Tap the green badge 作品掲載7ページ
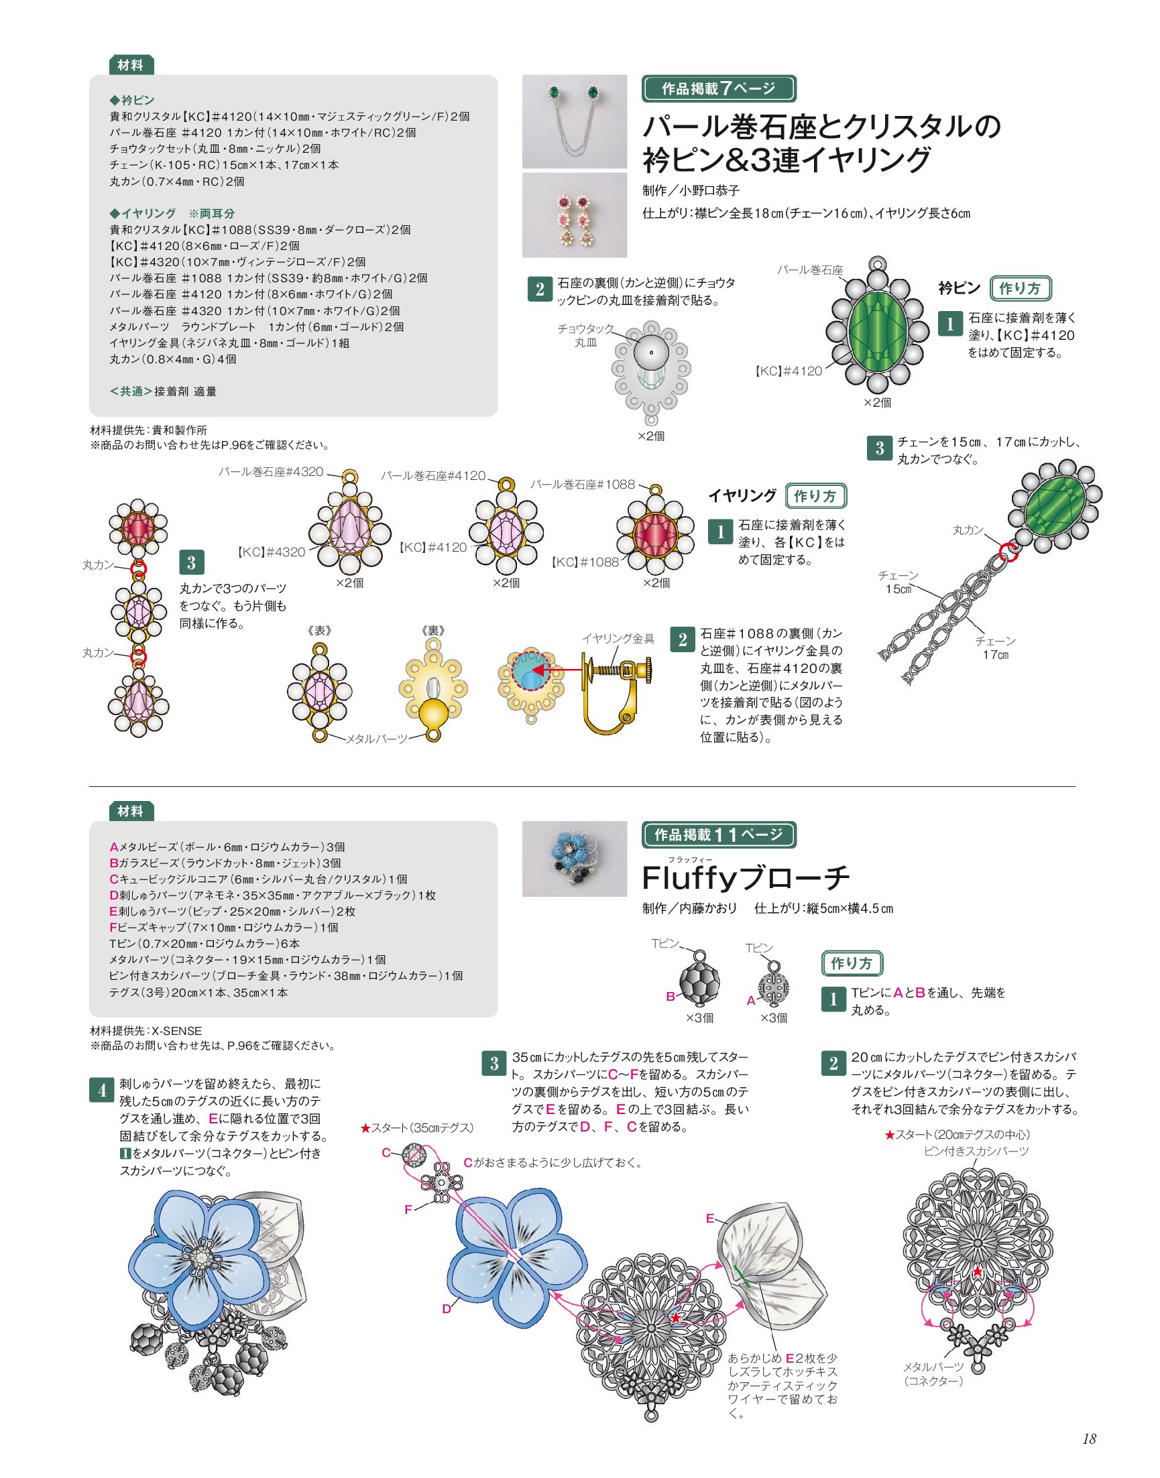[719, 88]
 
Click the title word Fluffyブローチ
[746, 878]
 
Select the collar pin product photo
[575, 121]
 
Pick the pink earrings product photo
[575, 215]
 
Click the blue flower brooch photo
[575, 858]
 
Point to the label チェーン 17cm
[995, 647]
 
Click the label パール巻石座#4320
[270, 472]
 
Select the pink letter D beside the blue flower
[446, 1308]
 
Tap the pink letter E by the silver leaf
[709, 1218]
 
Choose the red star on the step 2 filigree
[977, 1271]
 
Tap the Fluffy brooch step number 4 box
[101, 1091]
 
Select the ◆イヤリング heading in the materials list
[143, 213]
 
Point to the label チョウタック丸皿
[585, 335]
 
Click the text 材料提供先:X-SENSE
[146, 1031]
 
